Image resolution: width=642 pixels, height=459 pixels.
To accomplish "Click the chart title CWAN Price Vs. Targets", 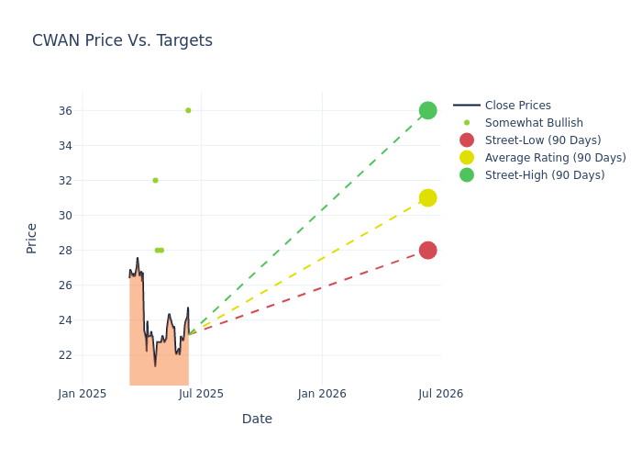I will coord(122,40).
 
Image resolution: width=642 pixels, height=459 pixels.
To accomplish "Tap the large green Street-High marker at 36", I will coord(427,110).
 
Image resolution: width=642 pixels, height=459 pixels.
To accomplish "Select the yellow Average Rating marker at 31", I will coord(427,197).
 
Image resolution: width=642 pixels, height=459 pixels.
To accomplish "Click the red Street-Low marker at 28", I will coord(427,250).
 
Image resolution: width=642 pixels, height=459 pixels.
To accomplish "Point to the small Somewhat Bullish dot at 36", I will coord(188,110).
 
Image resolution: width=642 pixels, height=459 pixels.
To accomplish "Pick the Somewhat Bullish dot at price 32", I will coord(155,180).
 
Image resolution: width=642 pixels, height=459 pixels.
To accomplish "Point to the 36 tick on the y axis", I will coord(65,111).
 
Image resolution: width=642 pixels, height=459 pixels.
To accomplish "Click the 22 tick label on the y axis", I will coord(65,355).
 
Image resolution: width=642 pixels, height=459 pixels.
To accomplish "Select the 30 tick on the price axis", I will coord(65,216).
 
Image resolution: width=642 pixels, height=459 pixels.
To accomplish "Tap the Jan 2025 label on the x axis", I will coord(83,394).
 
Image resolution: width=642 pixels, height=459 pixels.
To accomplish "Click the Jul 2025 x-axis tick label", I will coord(201,394).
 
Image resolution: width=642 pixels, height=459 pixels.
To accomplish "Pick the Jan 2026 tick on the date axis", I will coord(322,394).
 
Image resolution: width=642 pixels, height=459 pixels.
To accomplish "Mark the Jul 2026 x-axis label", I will coord(440,394).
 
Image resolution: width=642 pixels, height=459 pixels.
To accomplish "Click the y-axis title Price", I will coord(32,238).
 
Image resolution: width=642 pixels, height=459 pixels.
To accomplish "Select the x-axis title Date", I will coord(257,419).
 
